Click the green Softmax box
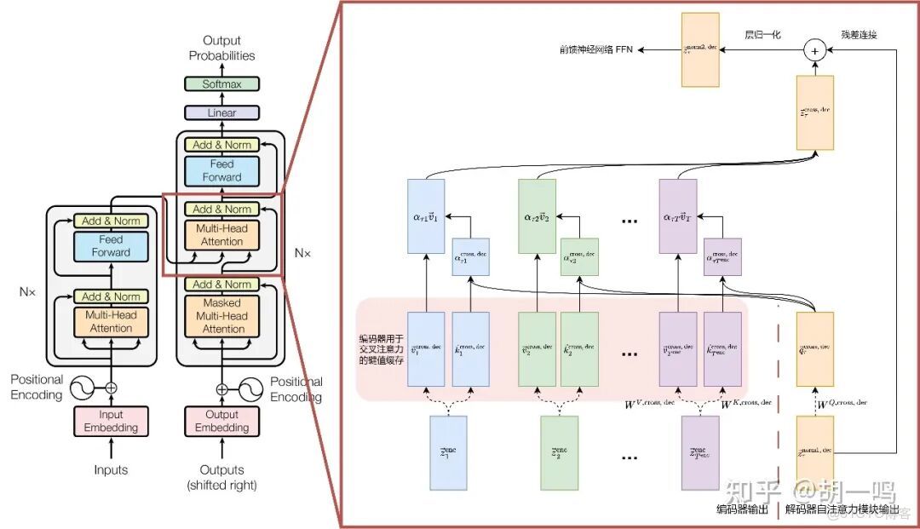pos(221,84)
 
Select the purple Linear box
pos(221,113)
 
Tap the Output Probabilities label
pos(221,48)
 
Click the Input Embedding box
pos(111,421)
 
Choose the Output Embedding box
pos(221,421)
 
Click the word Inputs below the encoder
pos(111,470)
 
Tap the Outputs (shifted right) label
pos(221,477)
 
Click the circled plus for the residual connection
pos(815,51)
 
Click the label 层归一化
pos(762,35)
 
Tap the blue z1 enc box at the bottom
pos(449,452)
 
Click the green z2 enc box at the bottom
pos(560,452)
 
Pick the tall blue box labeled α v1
pos(426,216)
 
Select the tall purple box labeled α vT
pos(678,216)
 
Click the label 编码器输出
pos(742,510)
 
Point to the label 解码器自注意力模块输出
pos(841,510)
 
